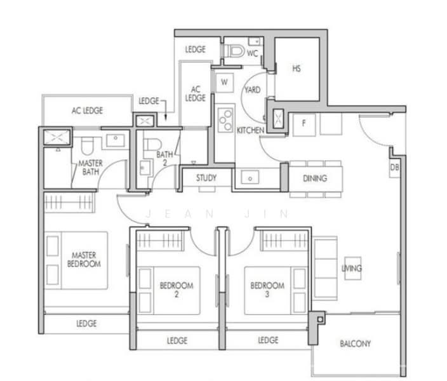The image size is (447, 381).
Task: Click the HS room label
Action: point(296,69)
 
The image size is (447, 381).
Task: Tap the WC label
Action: point(252,53)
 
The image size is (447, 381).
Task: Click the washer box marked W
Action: point(223,82)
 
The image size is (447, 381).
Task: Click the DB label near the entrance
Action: point(395,167)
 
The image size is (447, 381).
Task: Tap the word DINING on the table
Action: point(315,178)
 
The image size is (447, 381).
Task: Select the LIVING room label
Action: point(351,269)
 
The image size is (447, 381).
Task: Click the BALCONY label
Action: point(355,344)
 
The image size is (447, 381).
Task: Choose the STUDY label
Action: point(206,178)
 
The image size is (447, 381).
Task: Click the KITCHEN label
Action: point(250,130)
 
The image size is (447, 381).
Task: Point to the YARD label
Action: point(253,91)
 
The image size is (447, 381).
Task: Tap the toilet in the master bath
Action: point(89,145)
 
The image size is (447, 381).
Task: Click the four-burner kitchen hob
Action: point(225,119)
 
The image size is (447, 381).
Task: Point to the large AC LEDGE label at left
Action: point(87,110)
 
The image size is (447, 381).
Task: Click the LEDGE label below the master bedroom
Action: point(86,323)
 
